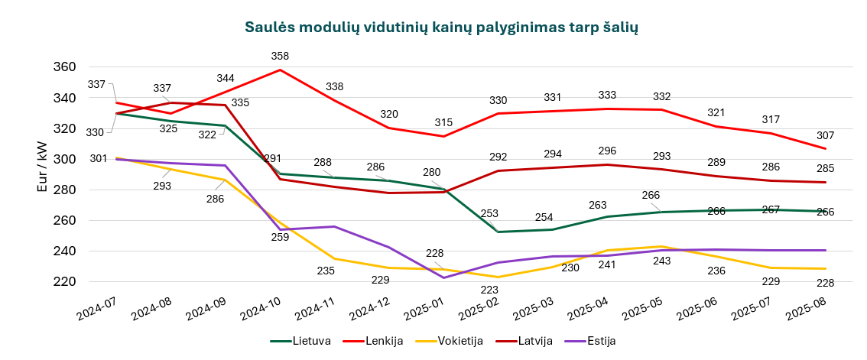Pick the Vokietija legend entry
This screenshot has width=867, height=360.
[x=456, y=341]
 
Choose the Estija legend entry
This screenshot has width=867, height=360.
[x=597, y=341]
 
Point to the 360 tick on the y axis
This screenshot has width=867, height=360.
[x=66, y=67]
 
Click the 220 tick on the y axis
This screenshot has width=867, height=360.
[x=66, y=281]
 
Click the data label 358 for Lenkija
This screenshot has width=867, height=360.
[x=281, y=56]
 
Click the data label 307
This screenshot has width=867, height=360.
[x=824, y=135]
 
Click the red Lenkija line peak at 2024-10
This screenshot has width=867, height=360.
[x=281, y=70]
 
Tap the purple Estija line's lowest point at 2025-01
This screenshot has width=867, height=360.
[x=444, y=277]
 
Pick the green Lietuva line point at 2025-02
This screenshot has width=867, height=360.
[x=498, y=232]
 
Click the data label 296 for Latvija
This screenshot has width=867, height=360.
[x=607, y=151]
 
